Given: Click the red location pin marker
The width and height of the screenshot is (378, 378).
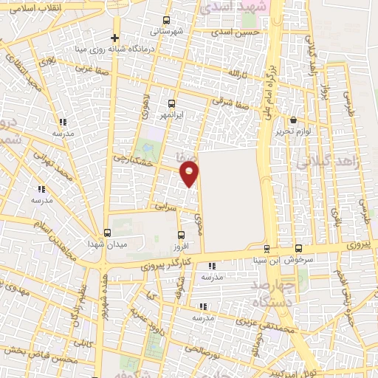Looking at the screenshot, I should (190, 173).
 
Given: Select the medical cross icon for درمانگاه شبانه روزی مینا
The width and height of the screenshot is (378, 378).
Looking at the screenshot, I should (114, 38).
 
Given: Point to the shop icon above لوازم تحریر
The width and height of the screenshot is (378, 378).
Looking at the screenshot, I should (293, 120).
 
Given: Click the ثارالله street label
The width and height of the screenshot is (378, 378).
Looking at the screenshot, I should (235, 75).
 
